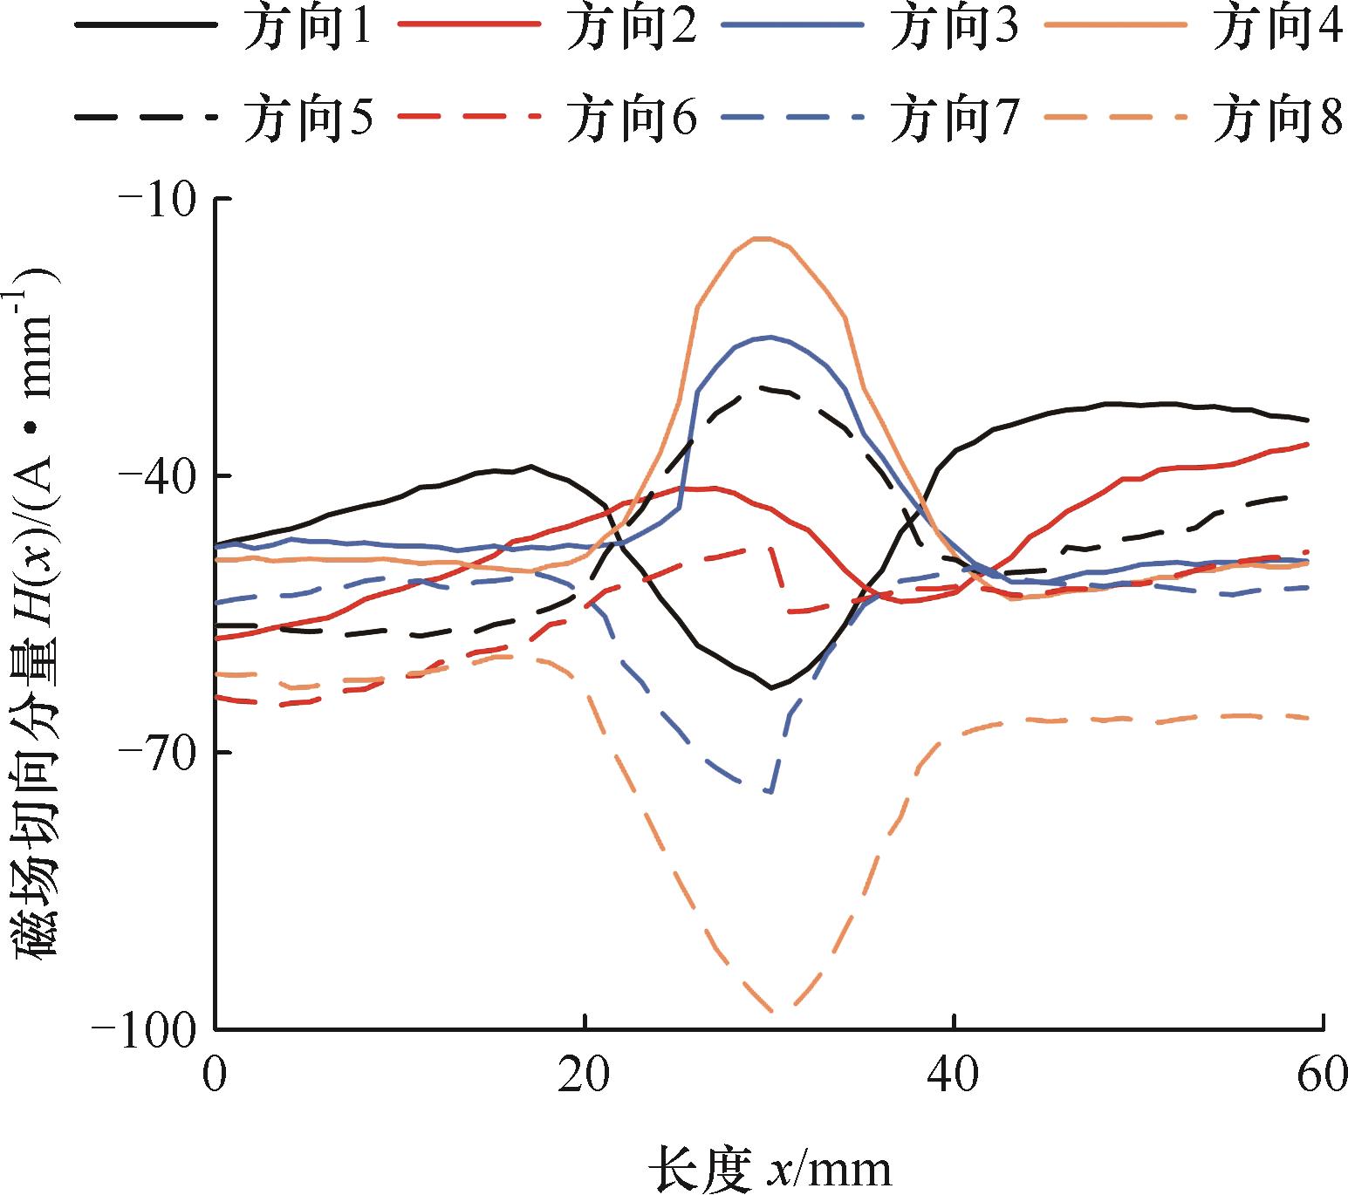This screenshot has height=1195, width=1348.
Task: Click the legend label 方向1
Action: coord(307,29)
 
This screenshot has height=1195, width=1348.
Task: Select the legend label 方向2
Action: coord(631,29)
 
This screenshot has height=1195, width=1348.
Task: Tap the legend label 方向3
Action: coord(954,29)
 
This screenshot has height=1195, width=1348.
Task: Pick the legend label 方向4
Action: coord(1277,29)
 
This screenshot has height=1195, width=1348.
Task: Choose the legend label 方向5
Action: coord(307,118)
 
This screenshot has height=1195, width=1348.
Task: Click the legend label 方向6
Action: coord(631,118)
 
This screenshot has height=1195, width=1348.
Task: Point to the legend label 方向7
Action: coord(954,118)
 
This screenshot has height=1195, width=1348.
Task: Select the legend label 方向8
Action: coord(1277,118)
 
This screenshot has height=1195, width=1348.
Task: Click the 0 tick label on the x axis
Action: coord(215,1075)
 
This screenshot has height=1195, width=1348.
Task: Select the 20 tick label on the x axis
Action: coord(585,1075)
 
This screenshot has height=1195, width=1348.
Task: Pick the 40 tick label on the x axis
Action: coord(955,1075)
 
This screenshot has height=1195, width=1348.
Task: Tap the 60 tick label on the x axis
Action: coord(1323,1075)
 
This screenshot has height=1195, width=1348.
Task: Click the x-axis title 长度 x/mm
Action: coord(770,1168)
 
